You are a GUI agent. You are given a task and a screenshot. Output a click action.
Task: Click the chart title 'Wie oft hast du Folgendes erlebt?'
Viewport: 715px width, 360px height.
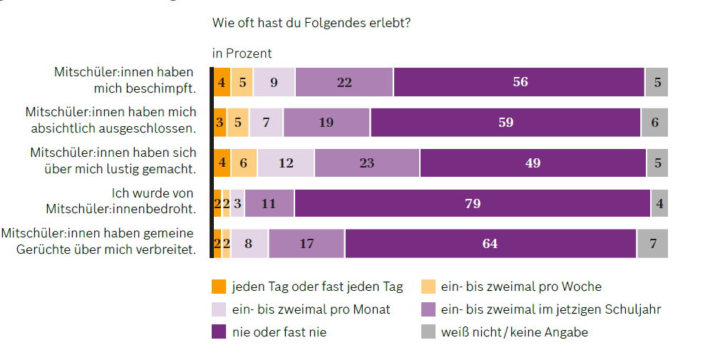tap(311, 22)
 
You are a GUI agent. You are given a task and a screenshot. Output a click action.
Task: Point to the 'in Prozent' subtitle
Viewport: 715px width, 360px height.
tap(242, 53)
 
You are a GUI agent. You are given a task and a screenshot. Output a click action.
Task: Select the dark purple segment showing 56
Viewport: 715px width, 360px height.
tap(519, 82)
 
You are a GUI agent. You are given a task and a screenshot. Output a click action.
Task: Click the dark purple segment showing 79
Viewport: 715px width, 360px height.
tap(472, 203)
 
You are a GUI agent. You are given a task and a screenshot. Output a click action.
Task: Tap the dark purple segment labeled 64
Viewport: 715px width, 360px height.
tap(490, 244)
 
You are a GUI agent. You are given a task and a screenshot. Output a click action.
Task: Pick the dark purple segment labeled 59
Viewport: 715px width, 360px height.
tap(505, 123)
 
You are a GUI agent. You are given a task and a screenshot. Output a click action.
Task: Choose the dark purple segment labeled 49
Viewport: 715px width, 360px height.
tap(532, 163)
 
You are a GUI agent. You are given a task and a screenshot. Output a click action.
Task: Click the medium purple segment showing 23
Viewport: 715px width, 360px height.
tap(366, 163)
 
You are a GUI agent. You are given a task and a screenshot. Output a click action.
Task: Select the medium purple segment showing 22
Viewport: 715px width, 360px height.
tap(344, 82)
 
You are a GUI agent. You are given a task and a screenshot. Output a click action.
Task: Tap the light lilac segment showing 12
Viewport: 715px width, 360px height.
tap(285, 163)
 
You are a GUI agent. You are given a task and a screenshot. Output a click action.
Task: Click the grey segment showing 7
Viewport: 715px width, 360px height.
tap(652, 244)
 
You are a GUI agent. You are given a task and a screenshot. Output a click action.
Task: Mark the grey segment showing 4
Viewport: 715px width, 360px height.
tap(659, 203)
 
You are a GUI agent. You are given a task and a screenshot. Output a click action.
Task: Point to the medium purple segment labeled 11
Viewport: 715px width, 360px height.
tap(269, 203)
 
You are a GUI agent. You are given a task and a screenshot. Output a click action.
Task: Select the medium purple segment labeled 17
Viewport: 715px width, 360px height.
tap(307, 244)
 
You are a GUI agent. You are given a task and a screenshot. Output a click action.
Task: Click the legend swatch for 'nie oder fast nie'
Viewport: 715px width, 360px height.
tap(219, 331)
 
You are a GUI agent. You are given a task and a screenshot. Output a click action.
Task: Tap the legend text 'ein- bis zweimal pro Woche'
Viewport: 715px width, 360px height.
tap(521, 287)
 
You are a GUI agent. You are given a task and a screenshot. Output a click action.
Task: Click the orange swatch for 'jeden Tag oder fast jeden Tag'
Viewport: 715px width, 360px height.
tap(219, 287)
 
